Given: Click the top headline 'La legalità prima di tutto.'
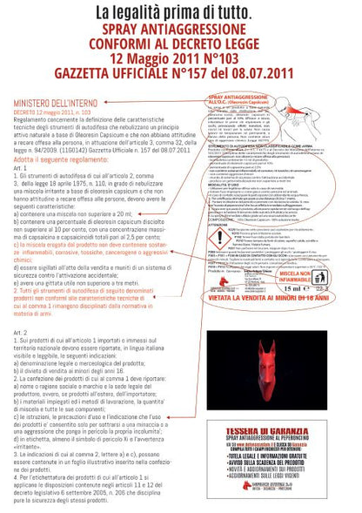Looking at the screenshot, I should click(x=180, y=13).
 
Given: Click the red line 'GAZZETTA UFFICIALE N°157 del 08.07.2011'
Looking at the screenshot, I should click(x=180, y=70).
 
